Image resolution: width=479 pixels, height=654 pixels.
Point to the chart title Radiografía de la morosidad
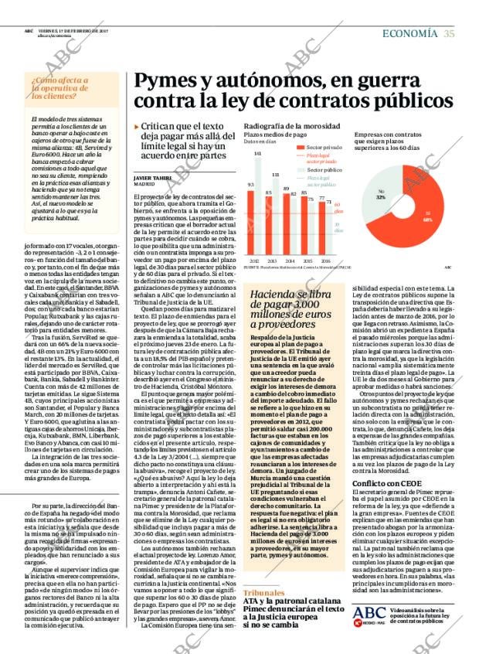291,126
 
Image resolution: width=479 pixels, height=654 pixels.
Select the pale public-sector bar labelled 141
258,206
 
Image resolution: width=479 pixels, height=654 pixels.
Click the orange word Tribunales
263,592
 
